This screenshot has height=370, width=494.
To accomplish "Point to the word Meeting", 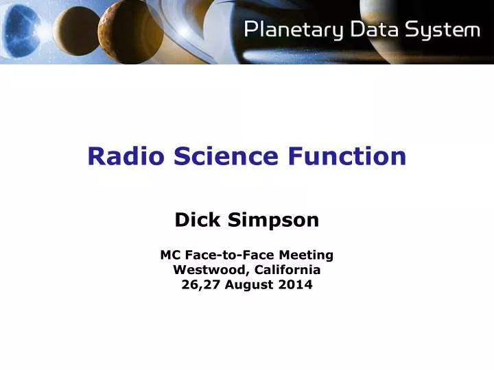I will tap(306, 256).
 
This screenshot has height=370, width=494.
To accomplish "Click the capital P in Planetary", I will tap(252, 30).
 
